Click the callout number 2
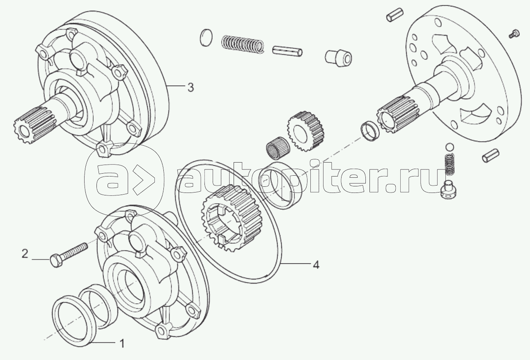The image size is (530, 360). (x=25, y=254)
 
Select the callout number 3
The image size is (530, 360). (x=190, y=87)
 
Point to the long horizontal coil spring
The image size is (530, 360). (x=243, y=46)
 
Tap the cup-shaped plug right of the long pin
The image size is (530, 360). (x=338, y=57)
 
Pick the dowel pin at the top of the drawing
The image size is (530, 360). (x=395, y=15)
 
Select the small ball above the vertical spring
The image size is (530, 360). (x=450, y=147)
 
